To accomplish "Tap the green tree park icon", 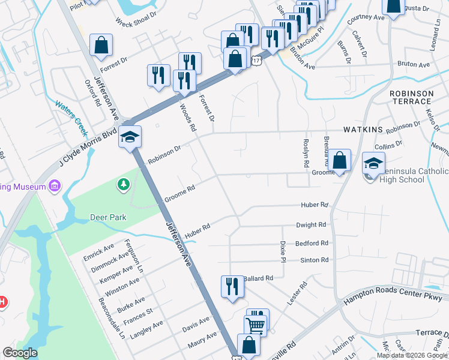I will (124, 184).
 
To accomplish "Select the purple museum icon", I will (55, 186).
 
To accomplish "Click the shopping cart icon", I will (256, 326).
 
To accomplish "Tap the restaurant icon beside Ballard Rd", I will (232, 286).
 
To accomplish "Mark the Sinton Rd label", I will (314, 260).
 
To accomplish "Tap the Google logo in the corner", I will (20, 353).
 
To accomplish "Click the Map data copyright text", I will (412, 355).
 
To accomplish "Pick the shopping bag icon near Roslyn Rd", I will (339, 160).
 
